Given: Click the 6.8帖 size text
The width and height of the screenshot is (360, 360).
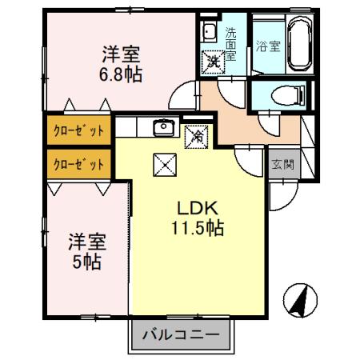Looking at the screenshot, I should point(122,74).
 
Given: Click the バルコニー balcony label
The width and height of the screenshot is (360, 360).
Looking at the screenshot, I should point(182,334).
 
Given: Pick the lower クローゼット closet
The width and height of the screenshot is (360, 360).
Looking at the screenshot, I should point(78,164).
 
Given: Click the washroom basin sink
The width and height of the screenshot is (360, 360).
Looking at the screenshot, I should point(210,33).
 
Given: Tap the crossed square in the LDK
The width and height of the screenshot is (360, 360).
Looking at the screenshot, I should point(162,165).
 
